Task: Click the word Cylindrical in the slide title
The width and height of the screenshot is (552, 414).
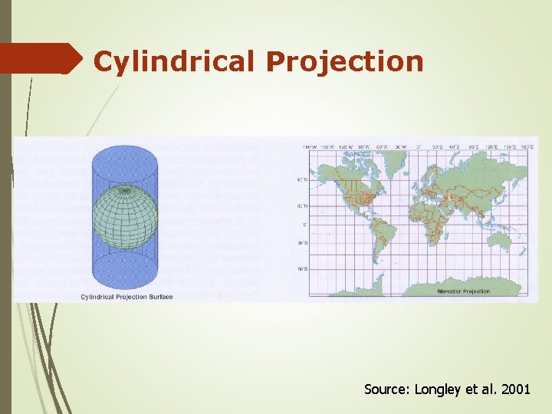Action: click(175, 61)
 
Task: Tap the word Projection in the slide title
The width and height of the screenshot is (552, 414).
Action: click(344, 61)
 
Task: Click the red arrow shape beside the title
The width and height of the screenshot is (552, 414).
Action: click(42, 58)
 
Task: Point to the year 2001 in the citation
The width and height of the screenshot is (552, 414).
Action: click(514, 389)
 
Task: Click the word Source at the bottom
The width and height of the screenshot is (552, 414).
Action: click(386, 389)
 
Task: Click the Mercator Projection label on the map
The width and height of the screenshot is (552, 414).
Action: click(463, 292)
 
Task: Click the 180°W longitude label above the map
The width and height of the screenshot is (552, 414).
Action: click(310, 146)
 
